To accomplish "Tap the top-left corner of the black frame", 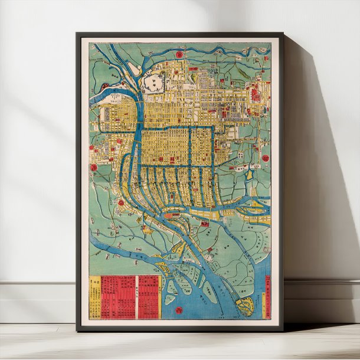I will coord(77,34).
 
